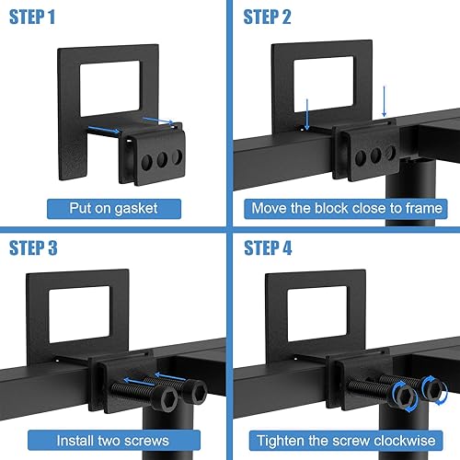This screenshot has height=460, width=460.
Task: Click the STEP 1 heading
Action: pyautogui.click(x=32, y=17)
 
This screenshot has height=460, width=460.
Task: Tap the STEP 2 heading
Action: pyautogui.click(x=267, y=17)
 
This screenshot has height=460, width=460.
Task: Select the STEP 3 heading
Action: pyautogui.click(x=33, y=247)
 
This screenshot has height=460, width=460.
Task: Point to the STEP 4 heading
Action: pyautogui.click(x=268, y=247)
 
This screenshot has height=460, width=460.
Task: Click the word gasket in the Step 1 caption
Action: pyautogui.click(x=136, y=209)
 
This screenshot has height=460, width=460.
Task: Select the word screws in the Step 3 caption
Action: pyautogui.click(x=146, y=441)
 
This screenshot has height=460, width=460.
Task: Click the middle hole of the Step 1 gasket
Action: pyautogui.click(x=162, y=159)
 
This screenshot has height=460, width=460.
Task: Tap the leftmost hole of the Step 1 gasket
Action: pyautogui.click(x=146, y=162)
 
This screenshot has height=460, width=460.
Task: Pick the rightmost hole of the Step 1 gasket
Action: pyautogui.click(x=177, y=156)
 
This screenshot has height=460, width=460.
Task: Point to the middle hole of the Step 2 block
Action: pyautogui.click(x=375, y=155)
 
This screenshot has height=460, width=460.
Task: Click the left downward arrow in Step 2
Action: pyautogui.click(x=306, y=114)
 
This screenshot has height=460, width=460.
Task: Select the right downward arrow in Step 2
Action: pyautogui.click(x=384, y=101)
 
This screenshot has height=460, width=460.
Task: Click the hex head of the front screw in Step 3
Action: pyautogui.click(x=166, y=398)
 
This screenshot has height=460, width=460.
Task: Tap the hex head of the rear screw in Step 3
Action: pyautogui.click(x=195, y=391)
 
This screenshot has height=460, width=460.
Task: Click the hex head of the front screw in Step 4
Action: pyautogui.click(x=403, y=396)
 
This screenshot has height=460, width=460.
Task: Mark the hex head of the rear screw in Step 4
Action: pyautogui.click(x=433, y=388)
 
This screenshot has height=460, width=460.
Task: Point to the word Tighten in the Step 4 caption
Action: pyautogui.click(x=281, y=442)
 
